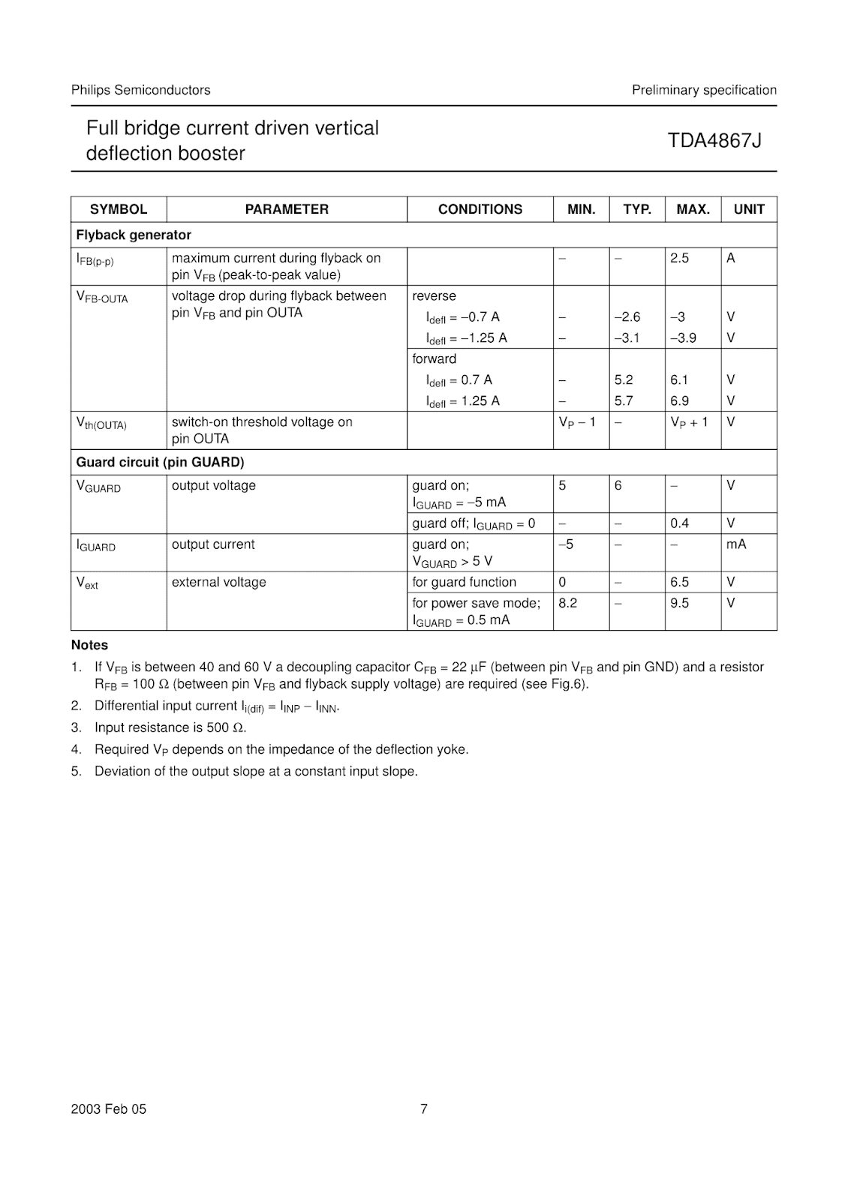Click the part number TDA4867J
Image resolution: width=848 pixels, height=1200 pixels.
pos(714,140)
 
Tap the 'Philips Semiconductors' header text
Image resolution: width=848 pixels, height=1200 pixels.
pos(140,90)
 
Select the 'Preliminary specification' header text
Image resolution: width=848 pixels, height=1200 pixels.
pos(704,90)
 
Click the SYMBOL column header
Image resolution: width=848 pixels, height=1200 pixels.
pos(119,209)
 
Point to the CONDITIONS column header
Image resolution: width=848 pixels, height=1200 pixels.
pos(480,209)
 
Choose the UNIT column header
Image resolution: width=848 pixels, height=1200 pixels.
pos(749,209)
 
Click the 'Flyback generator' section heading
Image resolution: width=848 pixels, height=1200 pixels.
pos(134,235)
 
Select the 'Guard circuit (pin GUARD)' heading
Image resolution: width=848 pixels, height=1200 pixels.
pos(160,462)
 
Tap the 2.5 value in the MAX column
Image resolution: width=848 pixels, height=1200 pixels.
pos(679,258)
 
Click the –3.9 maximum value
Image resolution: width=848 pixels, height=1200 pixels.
pos(683,337)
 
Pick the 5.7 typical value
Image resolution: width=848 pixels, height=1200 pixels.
pos(624,400)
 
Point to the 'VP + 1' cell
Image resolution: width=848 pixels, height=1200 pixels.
pos(689,422)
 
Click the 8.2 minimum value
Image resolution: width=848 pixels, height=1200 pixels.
pos(568,603)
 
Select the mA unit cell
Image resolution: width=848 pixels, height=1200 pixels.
pos(736,544)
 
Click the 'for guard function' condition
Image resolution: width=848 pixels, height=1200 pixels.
pos(464,582)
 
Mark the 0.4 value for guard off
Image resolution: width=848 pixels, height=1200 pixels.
pos(679,523)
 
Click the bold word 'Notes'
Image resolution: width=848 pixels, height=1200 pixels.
pos(89,645)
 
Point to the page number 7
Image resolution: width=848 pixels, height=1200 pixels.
pos(424,1108)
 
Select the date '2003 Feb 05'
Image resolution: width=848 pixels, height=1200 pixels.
pos(109,1108)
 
